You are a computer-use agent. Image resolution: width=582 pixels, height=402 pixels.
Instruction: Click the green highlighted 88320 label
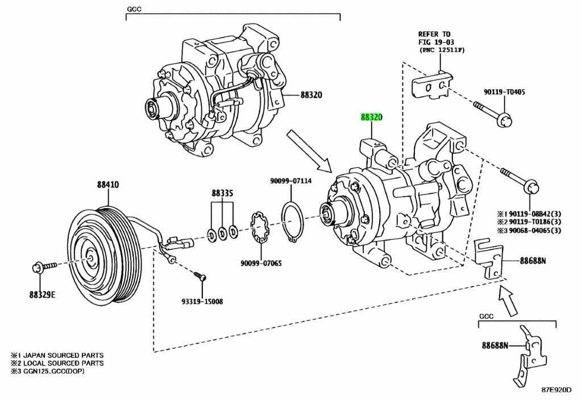tap(371, 118)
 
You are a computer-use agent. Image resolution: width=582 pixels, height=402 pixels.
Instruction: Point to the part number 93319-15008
tap(199, 301)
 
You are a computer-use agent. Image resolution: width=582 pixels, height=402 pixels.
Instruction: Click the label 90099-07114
tap(290, 181)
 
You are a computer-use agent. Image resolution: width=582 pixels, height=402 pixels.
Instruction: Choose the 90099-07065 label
tap(261, 263)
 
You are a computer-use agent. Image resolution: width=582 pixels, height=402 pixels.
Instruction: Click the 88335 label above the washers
tap(222, 193)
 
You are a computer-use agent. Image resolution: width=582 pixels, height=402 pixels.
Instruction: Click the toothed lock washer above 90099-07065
tap(260, 226)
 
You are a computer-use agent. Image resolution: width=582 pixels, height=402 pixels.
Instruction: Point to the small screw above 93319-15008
tap(201, 277)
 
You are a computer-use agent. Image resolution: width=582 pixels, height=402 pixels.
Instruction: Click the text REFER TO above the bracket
tap(434, 34)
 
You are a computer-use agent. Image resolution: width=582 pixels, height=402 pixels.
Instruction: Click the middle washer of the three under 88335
tap(222, 231)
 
